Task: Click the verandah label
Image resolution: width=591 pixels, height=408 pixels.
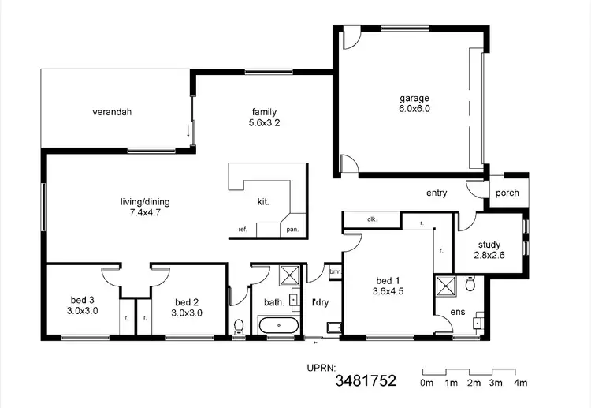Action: (x=110, y=112)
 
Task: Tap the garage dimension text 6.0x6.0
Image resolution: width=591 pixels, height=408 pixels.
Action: (x=414, y=109)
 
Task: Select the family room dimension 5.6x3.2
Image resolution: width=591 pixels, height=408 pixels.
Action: (x=264, y=122)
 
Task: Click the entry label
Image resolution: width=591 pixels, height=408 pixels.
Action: (x=437, y=193)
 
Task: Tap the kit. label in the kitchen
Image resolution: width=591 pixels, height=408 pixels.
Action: (x=263, y=202)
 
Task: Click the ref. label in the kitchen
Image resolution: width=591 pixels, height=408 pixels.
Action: (x=243, y=230)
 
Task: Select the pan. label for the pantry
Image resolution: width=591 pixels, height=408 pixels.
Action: (x=292, y=230)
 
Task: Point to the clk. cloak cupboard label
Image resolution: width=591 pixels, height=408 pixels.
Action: (x=372, y=219)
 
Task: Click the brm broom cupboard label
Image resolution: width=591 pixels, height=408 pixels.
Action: (x=335, y=272)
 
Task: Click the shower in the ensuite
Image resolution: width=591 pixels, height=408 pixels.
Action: (x=445, y=286)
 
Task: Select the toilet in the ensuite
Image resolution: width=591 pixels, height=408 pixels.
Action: (x=470, y=282)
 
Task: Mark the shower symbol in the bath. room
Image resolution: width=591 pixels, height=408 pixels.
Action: (x=289, y=275)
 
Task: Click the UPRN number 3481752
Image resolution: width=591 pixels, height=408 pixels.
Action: (x=365, y=383)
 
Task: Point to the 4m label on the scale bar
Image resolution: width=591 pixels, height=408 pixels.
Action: (x=520, y=384)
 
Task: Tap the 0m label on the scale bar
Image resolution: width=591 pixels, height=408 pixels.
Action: (x=426, y=384)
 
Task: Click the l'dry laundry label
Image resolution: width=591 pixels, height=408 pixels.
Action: (x=321, y=301)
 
